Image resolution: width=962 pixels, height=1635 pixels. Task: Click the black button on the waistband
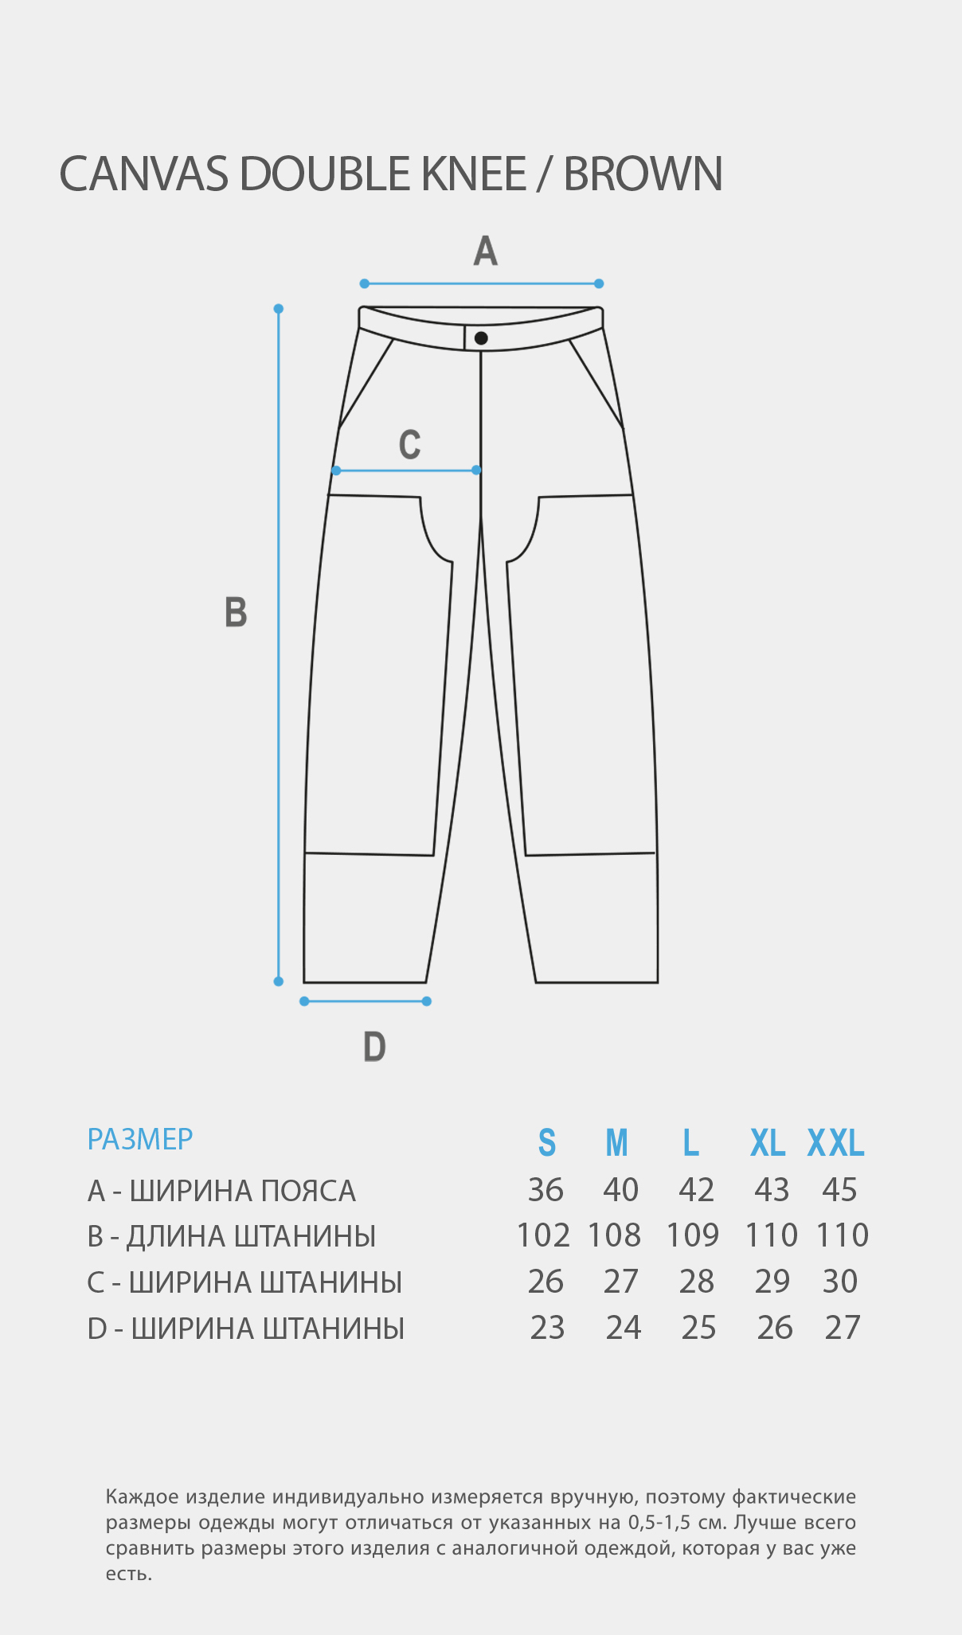[x=481, y=338]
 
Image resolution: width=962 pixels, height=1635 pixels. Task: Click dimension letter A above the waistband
[x=485, y=251]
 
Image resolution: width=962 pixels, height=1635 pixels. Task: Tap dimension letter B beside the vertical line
[x=236, y=612]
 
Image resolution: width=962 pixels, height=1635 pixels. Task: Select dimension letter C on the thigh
[x=409, y=444]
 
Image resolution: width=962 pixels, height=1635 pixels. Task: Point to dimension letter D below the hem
[x=374, y=1047]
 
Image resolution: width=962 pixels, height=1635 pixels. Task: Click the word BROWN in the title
[x=643, y=174]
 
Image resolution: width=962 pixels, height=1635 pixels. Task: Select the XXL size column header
[x=836, y=1143]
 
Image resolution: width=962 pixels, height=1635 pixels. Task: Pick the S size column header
[x=546, y=1143]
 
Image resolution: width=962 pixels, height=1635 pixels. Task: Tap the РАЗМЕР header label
[x=140, y=1140]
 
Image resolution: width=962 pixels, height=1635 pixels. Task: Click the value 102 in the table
[x=543, y=1235]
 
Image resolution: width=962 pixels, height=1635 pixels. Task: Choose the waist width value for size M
[x=621, y=1190]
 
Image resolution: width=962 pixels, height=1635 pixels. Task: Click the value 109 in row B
[x=693, y=1235]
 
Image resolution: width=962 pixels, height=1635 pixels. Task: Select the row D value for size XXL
[x=843, y=1328]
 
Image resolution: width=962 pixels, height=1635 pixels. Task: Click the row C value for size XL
[x=772, y=1282]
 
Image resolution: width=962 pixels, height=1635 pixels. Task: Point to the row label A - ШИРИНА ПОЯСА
[x=221, y=1191]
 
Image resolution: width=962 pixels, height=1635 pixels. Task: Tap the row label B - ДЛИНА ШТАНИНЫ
[x=232, y=1236]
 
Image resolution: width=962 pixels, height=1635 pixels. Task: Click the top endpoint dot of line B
[x=279, y=309]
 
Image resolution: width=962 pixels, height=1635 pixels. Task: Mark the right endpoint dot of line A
[x=599, y=283]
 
